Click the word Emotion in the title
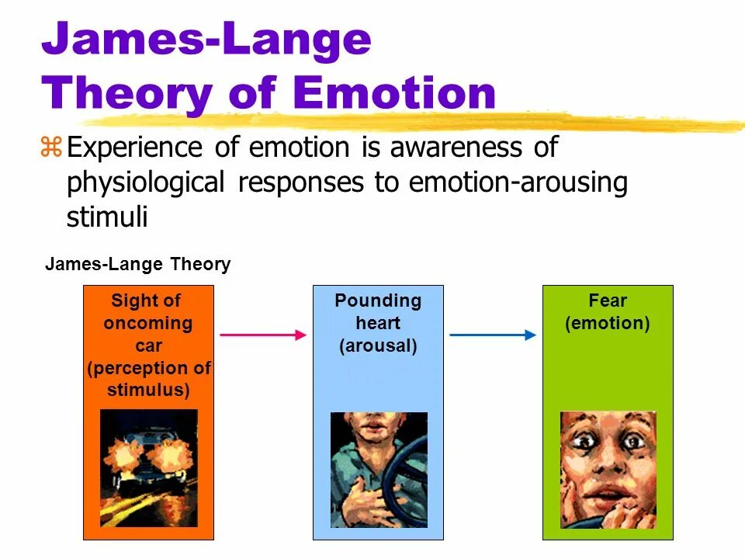(x=396, y=93)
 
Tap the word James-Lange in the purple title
(x=206, y=40)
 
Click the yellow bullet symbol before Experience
(x=51, y=147)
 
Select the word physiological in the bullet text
(x=147, y=183)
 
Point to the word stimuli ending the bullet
(x=107, y=217)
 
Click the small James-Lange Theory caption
(x=138, y=264)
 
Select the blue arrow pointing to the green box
(x=493, y=335)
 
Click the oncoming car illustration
(x=149, y=468)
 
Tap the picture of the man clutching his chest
(x=379, y=470)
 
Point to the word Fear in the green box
(x=608, y=300)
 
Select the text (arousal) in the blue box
(x=378, y=345)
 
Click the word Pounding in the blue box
(x=378, y=300)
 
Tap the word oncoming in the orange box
(x=147, y=323)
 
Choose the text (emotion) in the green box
(x=608, y=323)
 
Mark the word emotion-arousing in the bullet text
(x=518, y=183)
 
